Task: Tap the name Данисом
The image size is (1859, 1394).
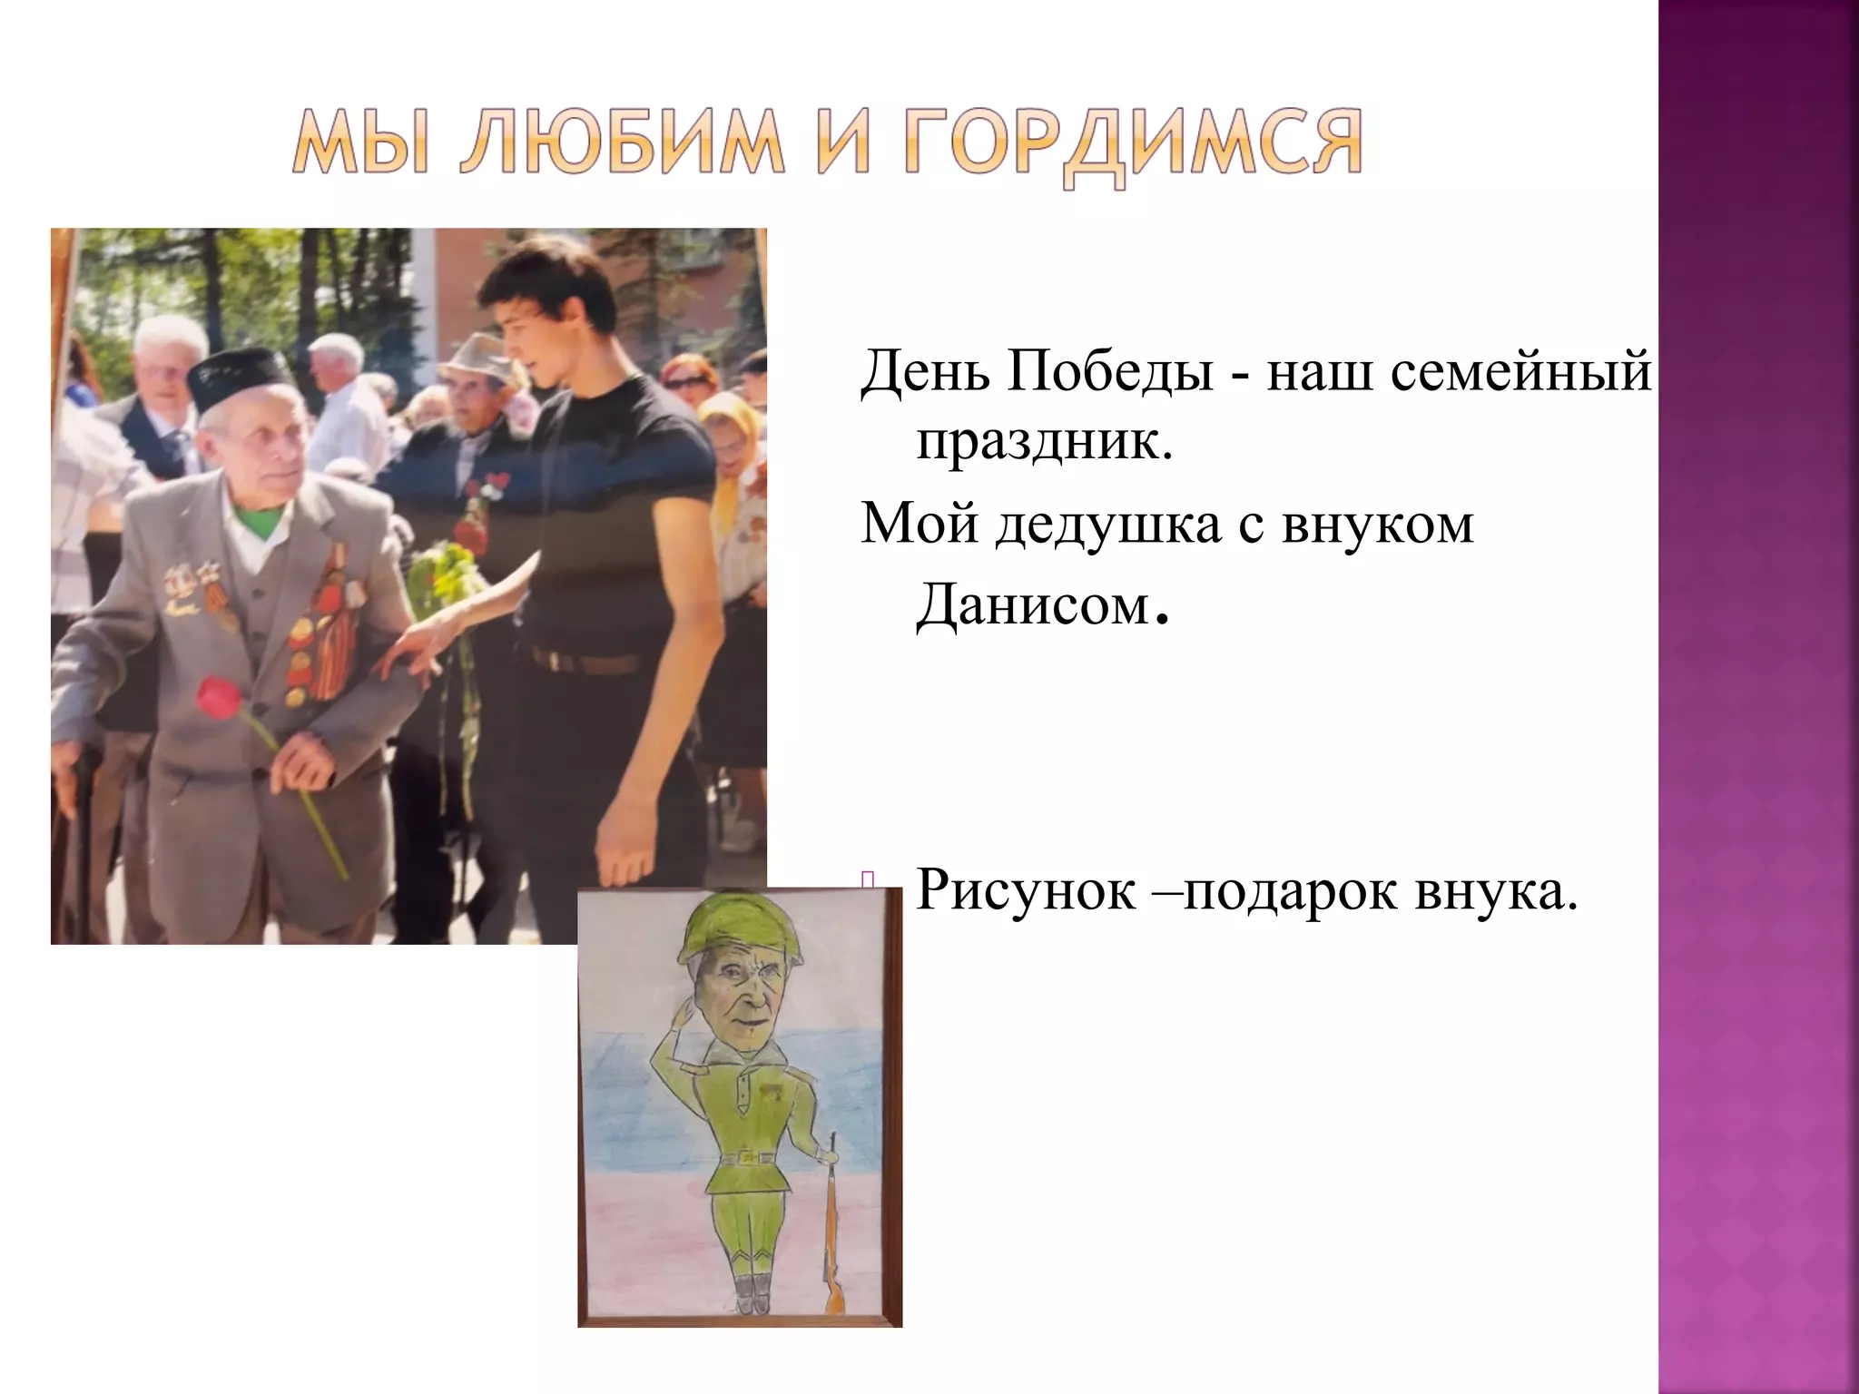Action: click(x=1032, y=604)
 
